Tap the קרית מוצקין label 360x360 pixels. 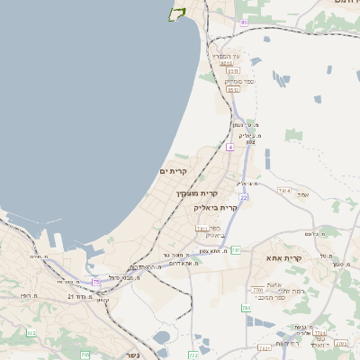pyautogui.click(x=198, y=193)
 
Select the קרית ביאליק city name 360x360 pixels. pyautogui.click(x=216, y=207)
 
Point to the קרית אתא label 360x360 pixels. pyautogui.click(x=283, y=258)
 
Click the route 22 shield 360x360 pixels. pyautogui.click(x=243, y=196)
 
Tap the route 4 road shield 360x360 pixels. pyautogui.click(x=229, y=146)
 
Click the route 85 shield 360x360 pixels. pyautogui.click(x=244, y=21)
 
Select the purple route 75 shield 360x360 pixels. pyautogui.click(x=94, y=283)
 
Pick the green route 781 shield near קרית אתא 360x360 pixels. pyautogui.click(x=236, y=249)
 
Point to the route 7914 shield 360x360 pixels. pyautogui.click(x=283, y=190)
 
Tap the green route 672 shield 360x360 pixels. pyautogui.click(x=32, y=333)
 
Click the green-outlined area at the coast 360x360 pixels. pyautogui.click(x=176, y=13)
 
